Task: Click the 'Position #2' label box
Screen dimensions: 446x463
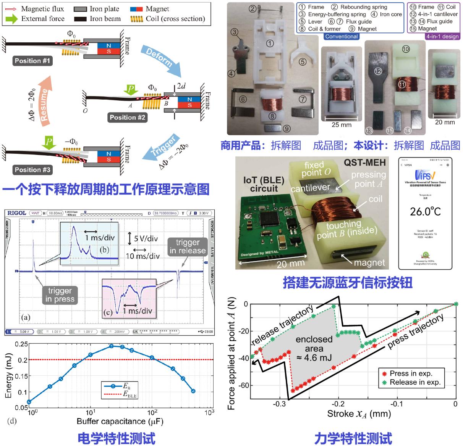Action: coord(128,117)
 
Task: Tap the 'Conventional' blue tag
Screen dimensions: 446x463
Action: coord(342,37)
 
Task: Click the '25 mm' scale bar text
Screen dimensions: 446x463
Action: coord(342,125)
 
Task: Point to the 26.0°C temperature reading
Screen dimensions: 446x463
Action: coord(425,211)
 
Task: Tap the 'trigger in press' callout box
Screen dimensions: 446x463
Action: coord(60,295)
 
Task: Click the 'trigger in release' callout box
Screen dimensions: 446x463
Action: coord(188,246)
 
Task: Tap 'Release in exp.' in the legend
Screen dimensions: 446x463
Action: coord(415,382)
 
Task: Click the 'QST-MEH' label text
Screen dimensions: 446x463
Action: coord(365,163)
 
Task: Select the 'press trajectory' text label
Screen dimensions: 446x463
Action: coord(416,331)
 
